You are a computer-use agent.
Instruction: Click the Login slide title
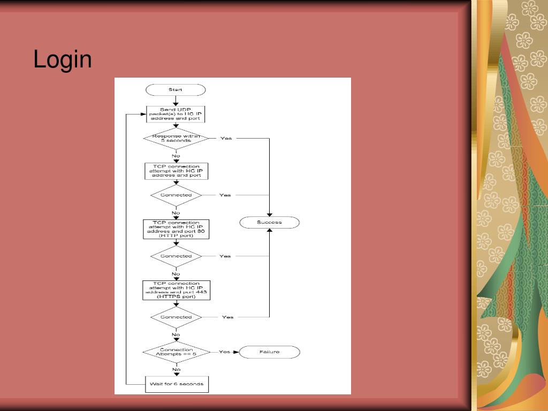(63, 59)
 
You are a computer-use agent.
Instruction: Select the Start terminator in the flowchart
(176, 89)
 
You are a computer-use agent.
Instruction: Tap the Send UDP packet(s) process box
(176, 114)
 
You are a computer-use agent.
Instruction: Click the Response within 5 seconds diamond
(176, 139)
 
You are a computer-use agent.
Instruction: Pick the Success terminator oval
(269, 222)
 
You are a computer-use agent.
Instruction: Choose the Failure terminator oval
(269, 352)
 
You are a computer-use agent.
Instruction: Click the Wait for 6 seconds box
(176, 384)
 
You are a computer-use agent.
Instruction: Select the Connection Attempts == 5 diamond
(176, 352)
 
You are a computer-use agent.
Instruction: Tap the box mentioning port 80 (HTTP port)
(176, 229)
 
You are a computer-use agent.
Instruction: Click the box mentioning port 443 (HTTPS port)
(176, 290)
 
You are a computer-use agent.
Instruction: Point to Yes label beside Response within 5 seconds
(226, 139)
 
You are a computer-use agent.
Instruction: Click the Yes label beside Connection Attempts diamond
(225, 352)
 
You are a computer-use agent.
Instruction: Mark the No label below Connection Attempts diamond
(176, 369)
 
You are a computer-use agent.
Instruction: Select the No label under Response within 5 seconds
(176, 156)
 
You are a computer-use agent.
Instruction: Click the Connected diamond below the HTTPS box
(176, 317)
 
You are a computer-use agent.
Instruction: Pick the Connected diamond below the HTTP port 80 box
(176, 256)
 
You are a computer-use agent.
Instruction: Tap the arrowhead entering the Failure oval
(236, 352)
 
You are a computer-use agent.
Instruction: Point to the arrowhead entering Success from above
(269, 214)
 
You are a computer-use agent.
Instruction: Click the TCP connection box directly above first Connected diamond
(176, 171)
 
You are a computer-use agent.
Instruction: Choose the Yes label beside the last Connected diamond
(227, 317)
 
